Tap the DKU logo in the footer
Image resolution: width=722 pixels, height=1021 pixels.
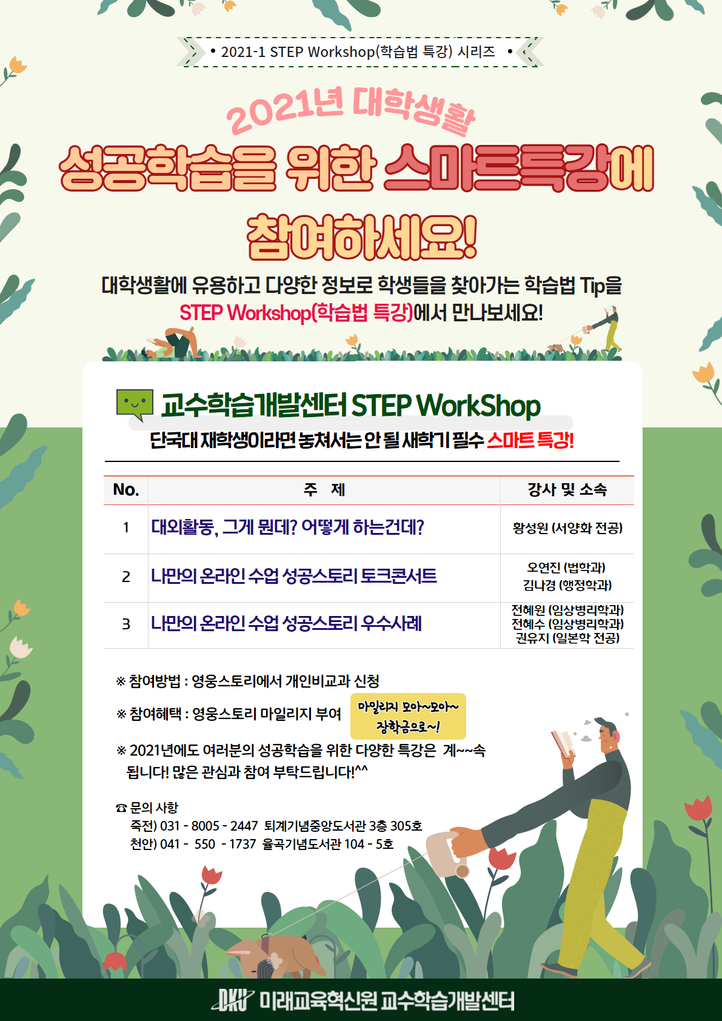[x=232, y=1000]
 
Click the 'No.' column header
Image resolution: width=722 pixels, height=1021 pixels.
[x=126, y=489]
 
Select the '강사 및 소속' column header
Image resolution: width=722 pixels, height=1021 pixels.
[x=567, y=489]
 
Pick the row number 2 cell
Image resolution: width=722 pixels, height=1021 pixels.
[x=126, y=577]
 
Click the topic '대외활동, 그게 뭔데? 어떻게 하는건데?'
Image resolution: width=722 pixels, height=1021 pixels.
[x=287, y=527]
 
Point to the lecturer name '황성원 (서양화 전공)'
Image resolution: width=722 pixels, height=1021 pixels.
[x=567, y=528]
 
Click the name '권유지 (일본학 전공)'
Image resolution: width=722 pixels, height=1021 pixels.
[x=567, y=638]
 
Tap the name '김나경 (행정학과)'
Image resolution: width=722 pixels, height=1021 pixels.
[x=567, y=585]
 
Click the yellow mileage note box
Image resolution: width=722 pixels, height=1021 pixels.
[x=408, y=716]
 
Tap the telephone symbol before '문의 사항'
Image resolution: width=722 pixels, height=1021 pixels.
[x=121, y=808]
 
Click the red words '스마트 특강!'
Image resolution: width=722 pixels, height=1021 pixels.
[x=530, y=441]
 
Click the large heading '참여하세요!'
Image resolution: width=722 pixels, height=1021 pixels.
[x=361, y=237]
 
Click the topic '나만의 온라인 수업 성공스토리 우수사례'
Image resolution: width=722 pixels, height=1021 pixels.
[x=286, y=623]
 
